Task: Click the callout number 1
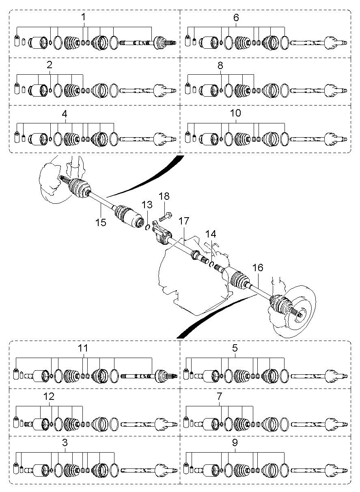(83, 17)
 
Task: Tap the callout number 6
(236, 17)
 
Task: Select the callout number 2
(50, 65)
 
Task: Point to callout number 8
(220, 65)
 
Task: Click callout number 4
(65, 114)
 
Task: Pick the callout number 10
(235, 113)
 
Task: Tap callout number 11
(83, 348)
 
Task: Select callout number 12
(49, 397)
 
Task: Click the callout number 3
(65, 442)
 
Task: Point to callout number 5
(235, 348)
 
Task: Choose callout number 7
(220, 396)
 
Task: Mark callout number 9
(235, 442)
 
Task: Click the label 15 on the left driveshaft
(101, 222)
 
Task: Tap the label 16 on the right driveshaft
(258, 268)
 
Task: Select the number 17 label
(184, 221)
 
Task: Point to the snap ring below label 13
(148, 228)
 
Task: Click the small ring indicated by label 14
(211, 264)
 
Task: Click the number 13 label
(147, 205)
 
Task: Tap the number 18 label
(164, 196)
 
